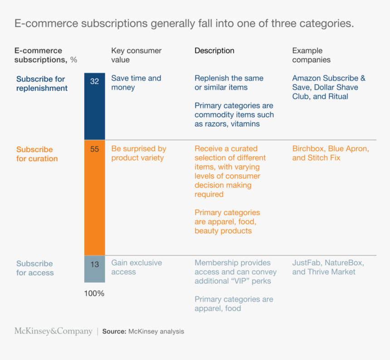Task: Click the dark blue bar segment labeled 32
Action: pos(94,106)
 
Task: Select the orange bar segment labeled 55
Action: pos(94,197)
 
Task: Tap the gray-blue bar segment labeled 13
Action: pos(94,269)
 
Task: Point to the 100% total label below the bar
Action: pos(94,294)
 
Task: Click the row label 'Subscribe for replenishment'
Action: pos(42,84)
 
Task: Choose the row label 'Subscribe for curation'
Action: pos(37,154)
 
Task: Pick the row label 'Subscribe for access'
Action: pos(35,268)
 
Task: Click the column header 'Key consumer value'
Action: pos(136,55)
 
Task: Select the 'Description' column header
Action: pos(214,51)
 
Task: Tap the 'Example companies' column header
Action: pos(312,55)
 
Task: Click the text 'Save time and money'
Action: pos(136,83)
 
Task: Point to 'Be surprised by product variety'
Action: pos(138,153)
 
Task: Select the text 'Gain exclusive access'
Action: pos(136,267)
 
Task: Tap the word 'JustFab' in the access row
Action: pos(307,263)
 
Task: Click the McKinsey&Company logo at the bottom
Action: pos(53,331)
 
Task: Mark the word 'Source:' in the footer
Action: pos(114,331)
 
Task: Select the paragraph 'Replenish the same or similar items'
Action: pos(229,83)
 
